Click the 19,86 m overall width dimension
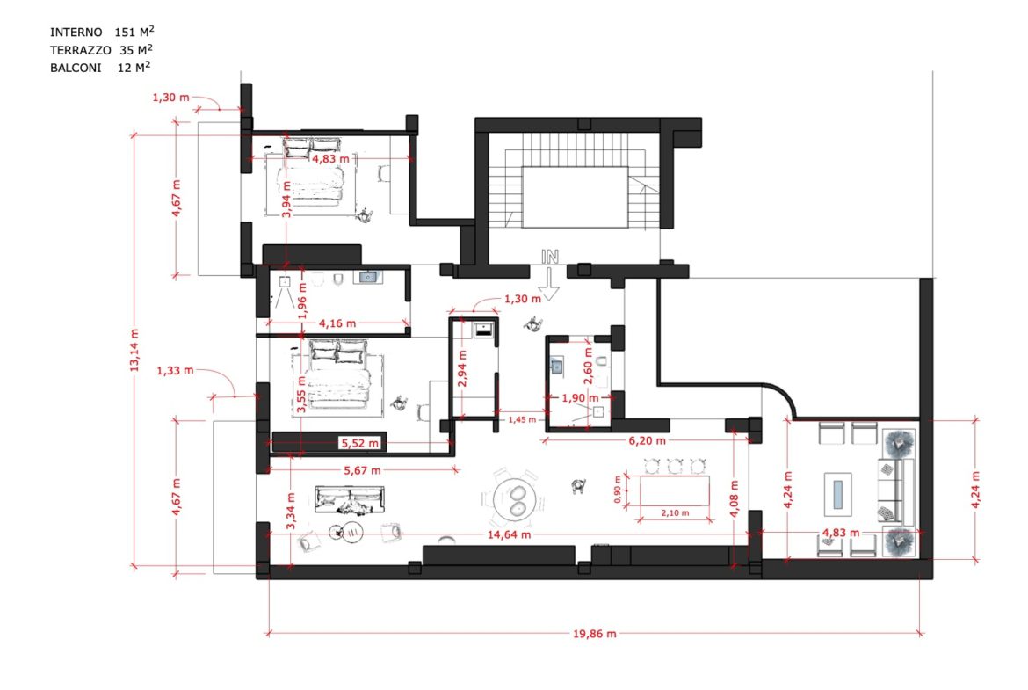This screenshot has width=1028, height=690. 595,634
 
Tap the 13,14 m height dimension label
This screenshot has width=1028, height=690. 134,350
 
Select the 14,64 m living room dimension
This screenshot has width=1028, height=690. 509,534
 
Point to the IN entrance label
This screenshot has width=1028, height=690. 549,257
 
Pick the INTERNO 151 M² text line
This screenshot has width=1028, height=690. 102,31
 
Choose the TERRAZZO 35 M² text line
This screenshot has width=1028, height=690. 101,49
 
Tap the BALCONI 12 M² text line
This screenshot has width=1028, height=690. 99,67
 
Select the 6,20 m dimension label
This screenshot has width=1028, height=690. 647,440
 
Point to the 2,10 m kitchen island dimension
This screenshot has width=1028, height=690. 675,513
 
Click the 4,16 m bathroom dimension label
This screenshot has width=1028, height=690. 337,323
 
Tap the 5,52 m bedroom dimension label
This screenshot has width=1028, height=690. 359,443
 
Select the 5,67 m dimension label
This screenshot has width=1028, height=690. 362,470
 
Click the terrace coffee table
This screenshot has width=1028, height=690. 838,495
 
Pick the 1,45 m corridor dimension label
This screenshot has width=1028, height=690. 522,419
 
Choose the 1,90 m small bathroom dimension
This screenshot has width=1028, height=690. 580,398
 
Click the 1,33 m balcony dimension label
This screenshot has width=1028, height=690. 175,371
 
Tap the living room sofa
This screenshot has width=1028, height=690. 350,499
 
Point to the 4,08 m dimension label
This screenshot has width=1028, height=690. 735,499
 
